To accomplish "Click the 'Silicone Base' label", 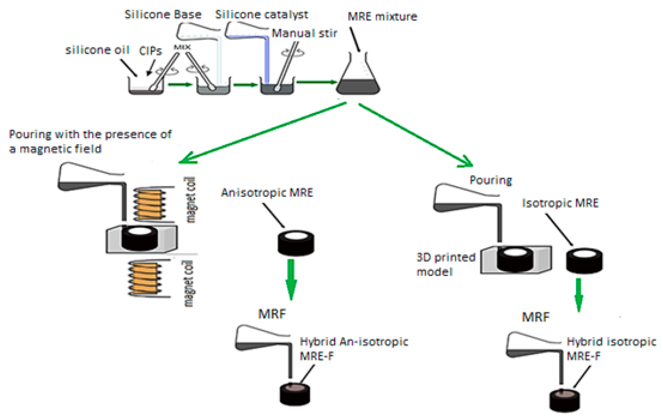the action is pos(163,14).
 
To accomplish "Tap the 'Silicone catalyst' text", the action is pos(262,14).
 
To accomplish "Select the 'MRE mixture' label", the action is pos(383,17).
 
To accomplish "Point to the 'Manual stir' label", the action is pos(304,33).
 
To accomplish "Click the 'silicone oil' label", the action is pos(97,50).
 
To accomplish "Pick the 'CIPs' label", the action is pos(150,51).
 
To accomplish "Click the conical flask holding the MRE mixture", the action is pos(358,73).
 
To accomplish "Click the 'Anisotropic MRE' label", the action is pos(267,192).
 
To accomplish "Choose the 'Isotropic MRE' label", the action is pos(560,203).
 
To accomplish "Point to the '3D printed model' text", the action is pos(446,264).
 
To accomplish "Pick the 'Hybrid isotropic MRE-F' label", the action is pos(611,349).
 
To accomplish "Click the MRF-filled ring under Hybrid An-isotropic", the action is pos(295,394).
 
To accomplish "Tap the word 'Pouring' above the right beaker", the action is pos(491,180).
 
